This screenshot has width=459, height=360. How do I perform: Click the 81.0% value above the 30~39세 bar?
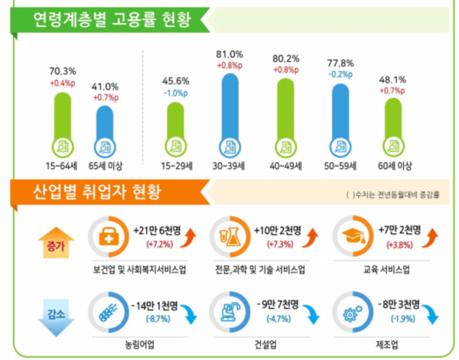(x=229, y=55)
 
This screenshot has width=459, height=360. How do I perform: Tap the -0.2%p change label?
(x=340, y=75)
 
